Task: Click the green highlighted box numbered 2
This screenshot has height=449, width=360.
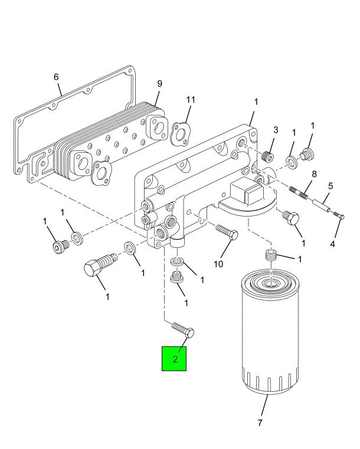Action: click(175, 358)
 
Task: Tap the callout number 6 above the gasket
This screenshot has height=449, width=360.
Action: click(56, 77)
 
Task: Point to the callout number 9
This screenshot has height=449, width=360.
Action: click(159, 84)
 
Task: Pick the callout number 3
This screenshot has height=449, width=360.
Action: click(275, 130)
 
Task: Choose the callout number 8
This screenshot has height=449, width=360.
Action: click(314, 175)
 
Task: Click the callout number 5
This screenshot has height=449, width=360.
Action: click(330, 185)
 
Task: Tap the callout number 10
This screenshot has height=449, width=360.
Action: click(218, 264)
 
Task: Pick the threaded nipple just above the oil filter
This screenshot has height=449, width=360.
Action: click(270, 257)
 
